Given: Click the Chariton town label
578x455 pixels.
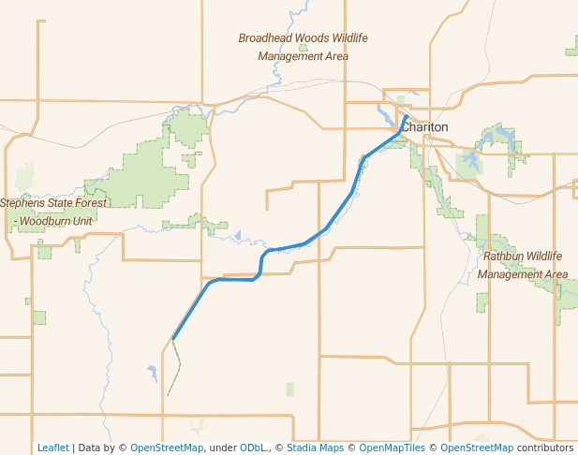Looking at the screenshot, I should coord(426,127).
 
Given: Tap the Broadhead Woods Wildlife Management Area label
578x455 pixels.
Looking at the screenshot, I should coord(303,47).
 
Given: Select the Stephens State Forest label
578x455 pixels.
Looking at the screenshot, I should coord(53,203).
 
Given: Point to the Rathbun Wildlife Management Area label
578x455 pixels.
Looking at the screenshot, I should coord(523,265).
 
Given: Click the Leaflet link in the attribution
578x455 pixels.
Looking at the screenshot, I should coord(52,448).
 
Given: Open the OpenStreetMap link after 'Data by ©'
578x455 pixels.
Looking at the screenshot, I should coord(166,448).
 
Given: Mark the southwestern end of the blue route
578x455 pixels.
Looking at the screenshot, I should coord(173,338).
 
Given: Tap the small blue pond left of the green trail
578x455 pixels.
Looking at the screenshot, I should coord(152,373).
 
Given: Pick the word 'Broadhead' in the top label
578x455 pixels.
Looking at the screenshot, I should coord(266,38).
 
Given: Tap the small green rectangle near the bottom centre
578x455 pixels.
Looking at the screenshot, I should coord(289,389).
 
